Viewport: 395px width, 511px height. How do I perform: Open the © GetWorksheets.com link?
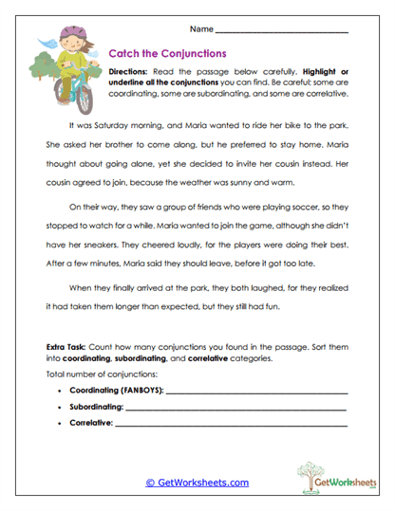(x=197, y=483)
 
